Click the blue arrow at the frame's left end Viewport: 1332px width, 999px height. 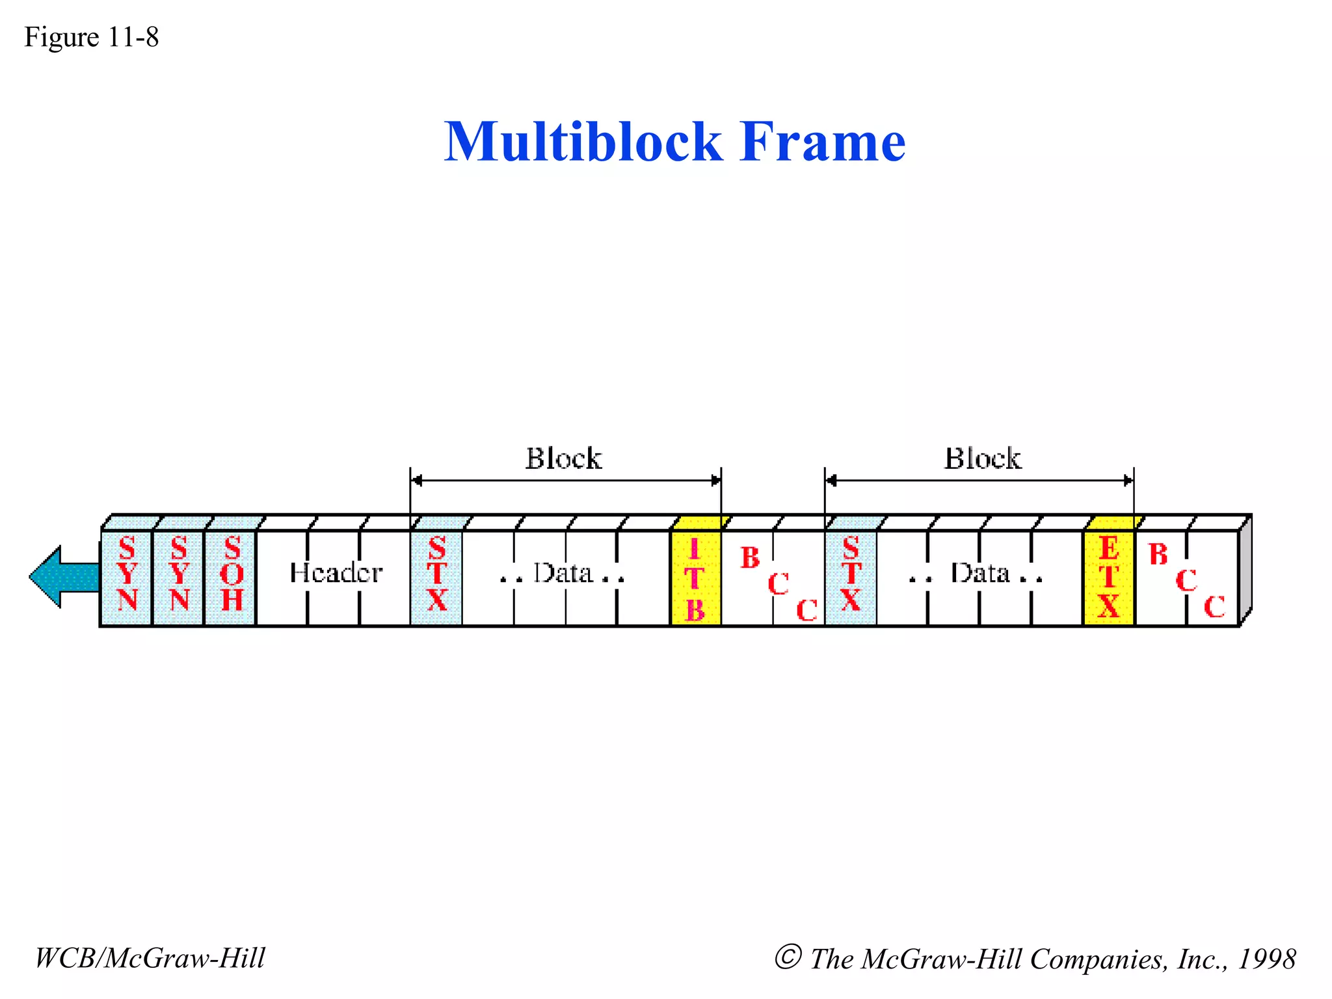(64, 577)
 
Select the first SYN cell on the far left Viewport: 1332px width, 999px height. (127, 576)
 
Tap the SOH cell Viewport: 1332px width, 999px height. (231, 576)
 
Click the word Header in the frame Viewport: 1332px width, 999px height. (336, 573)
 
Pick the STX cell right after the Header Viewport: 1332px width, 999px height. (436, 576)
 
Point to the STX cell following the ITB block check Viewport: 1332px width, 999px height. (851, 576)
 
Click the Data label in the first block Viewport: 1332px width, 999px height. (563, 574)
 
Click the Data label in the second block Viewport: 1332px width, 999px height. (979, 574)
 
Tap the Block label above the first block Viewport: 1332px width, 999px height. (563, 459)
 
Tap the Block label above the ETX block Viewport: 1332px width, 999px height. (982, 459)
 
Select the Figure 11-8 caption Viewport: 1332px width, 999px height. (92, 37)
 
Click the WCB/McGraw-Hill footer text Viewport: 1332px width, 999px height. (150, 958)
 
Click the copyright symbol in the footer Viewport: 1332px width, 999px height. (788, 957)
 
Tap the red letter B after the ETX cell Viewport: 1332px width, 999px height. (1158, 555)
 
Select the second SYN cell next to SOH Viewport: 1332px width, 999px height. (179, 576)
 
